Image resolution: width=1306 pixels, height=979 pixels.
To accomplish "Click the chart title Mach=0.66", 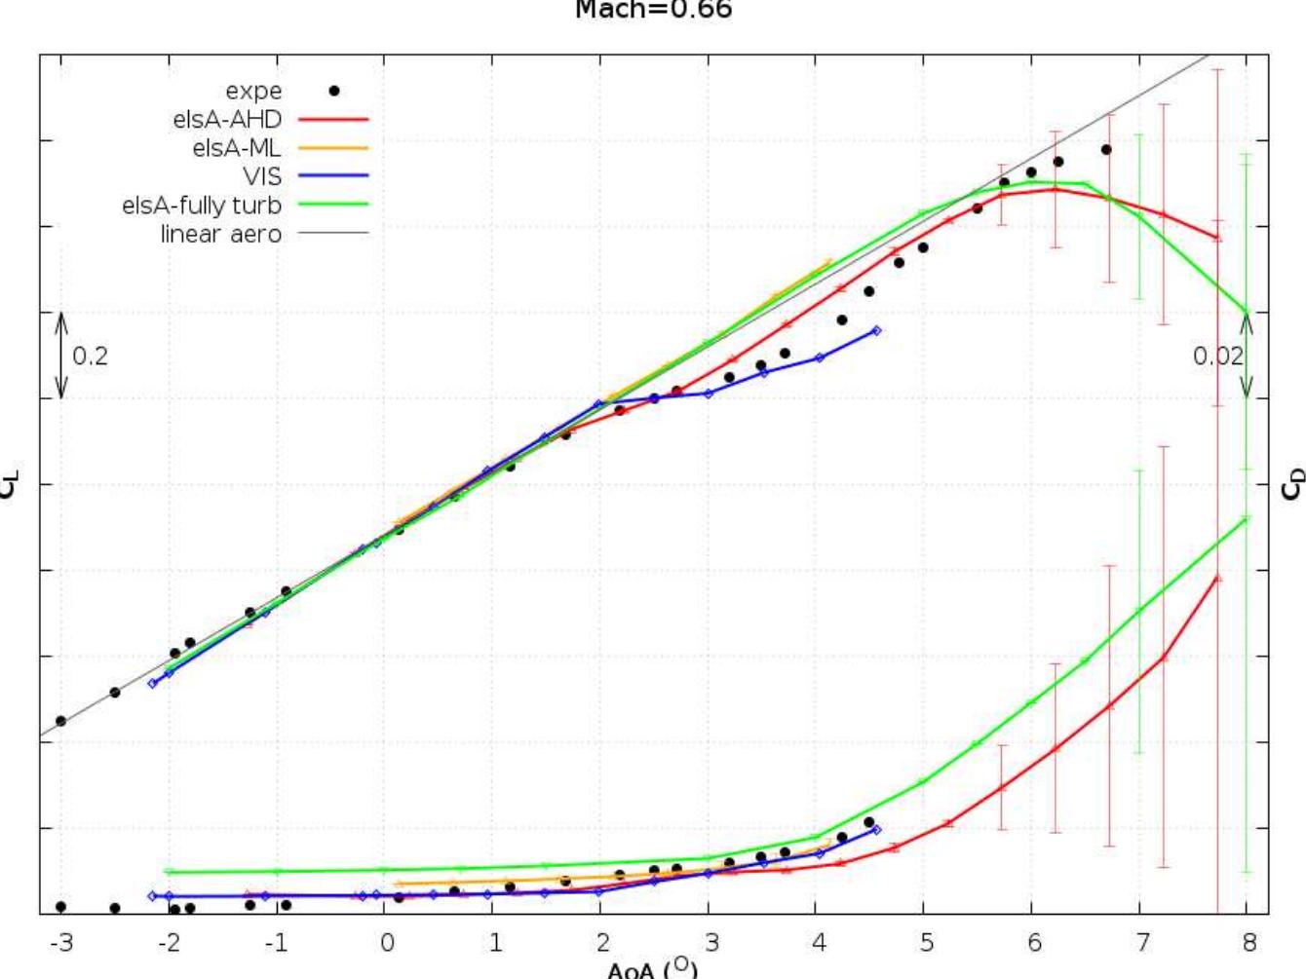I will point(653,10).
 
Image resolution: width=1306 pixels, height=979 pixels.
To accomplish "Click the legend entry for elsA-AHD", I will point(227,120).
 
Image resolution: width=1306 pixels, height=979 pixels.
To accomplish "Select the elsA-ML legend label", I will point(237,148).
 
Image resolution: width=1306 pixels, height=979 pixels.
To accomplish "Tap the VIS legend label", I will point(262,176).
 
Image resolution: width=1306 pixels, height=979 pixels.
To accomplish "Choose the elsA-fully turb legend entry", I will point(202,206).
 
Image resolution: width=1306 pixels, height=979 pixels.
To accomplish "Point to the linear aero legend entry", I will point(221,234).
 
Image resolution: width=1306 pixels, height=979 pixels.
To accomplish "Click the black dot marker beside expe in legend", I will point(333,91).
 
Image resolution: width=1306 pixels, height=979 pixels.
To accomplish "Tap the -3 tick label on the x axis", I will point(59,942).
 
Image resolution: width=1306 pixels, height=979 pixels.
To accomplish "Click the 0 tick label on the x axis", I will point(387,942).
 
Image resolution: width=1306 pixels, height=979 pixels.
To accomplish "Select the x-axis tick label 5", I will point(926,942).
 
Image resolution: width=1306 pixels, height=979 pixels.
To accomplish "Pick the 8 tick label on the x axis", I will point(1249,942).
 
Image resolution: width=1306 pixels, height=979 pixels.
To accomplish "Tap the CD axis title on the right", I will point(1293,484).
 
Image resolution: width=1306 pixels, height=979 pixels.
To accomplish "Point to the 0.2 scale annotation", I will point(91,357).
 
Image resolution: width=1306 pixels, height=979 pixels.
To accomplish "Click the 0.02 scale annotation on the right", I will point(1217,357).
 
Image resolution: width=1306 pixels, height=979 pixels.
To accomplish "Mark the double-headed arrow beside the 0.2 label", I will point(61,356).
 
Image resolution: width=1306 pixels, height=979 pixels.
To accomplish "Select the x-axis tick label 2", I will point(602,942).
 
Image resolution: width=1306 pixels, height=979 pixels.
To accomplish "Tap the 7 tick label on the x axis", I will point(1141,942).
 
